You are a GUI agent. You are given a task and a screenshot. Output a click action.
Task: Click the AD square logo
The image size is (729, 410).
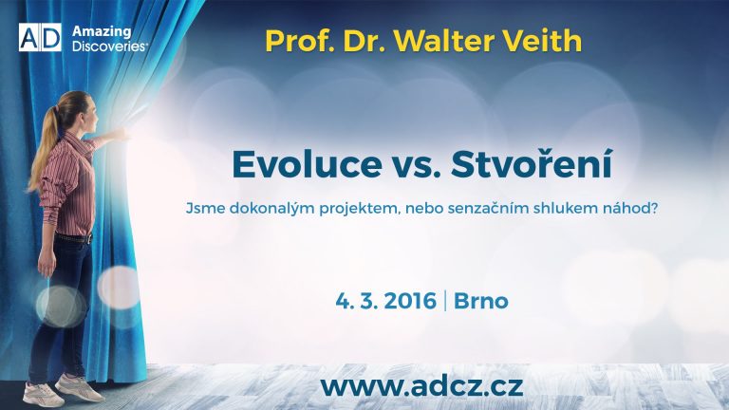(40, 37)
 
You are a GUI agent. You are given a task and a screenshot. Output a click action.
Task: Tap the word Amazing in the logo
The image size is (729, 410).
(102, 31)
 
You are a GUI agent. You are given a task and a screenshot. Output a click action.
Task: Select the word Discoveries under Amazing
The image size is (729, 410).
(110, 46)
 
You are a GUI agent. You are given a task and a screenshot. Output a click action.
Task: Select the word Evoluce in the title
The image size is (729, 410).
(308, 164)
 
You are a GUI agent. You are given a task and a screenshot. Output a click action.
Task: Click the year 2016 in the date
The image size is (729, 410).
(410, 301)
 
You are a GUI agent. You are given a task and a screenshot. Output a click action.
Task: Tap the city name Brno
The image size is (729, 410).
(480, 301)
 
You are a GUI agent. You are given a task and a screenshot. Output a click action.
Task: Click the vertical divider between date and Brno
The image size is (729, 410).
(445, 301)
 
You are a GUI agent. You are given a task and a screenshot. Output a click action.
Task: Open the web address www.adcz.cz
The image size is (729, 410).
(422, 387)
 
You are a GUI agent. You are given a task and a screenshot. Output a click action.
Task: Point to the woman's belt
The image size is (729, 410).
(74, 238)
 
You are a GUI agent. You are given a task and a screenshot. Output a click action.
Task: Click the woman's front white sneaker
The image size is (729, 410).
(79, 387)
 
